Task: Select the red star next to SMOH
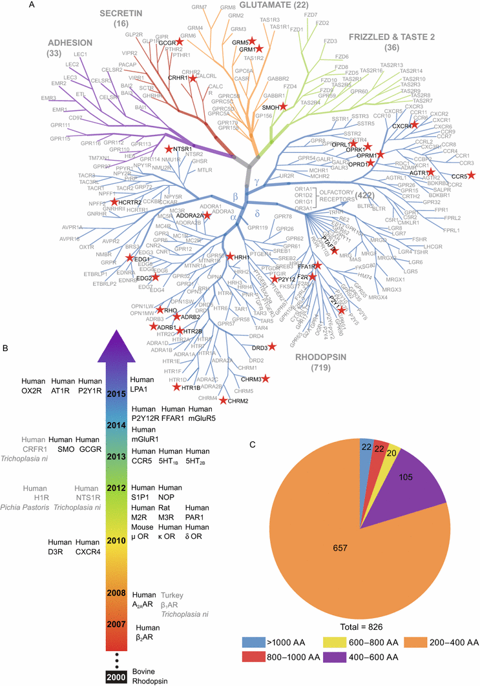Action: point(282,106)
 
